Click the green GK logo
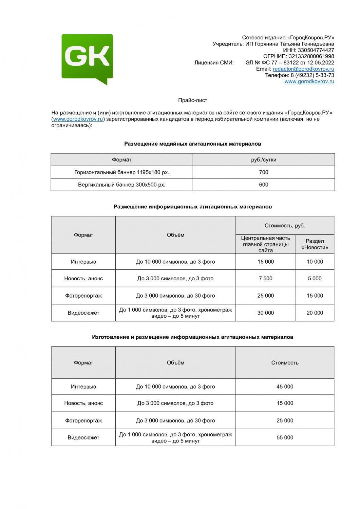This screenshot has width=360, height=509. point(87,58)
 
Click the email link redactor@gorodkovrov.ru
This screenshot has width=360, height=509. point(303,69)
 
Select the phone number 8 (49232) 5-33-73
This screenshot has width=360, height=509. point(312,75)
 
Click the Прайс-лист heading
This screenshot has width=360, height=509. point(192,100)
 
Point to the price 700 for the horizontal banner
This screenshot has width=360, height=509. point(264,172)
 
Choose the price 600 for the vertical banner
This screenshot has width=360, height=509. point(264,185)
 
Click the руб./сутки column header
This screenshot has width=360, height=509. point(264,160)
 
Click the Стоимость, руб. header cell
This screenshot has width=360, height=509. point(285,226)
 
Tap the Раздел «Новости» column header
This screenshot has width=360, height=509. point(315,244)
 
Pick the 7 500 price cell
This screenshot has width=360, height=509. point(265,279)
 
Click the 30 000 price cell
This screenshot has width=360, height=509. point(265,313)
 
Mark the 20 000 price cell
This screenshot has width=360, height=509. point(315,313)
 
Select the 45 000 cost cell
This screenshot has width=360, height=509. point(285,387)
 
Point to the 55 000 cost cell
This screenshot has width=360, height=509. point(285,438)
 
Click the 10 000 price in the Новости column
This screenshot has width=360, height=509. point(315,262)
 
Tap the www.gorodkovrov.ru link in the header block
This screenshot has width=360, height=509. point(309,81)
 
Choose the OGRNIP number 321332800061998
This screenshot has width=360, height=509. point(311,56)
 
